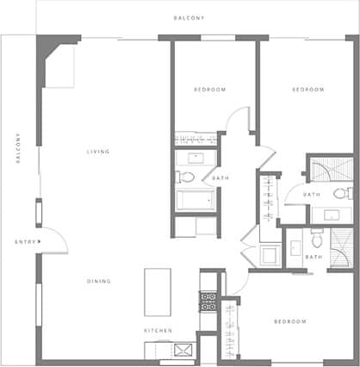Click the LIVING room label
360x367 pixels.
(x=98, y=152)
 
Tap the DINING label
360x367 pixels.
(x=98, y=281)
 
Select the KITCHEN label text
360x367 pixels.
(x=158, y=331)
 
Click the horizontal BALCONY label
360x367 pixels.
(x=189, y=17)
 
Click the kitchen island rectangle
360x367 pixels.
(x=158, y=292)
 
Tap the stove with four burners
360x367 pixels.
(x=208, y=302)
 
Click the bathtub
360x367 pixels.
(x=196, y=202)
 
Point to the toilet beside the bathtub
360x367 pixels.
(x=186, y=177)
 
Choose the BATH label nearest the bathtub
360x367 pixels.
(x=220, y=178)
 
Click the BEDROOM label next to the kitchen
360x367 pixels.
(x=289, y=321)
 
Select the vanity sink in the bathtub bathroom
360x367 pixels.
(x=196, y=158)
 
